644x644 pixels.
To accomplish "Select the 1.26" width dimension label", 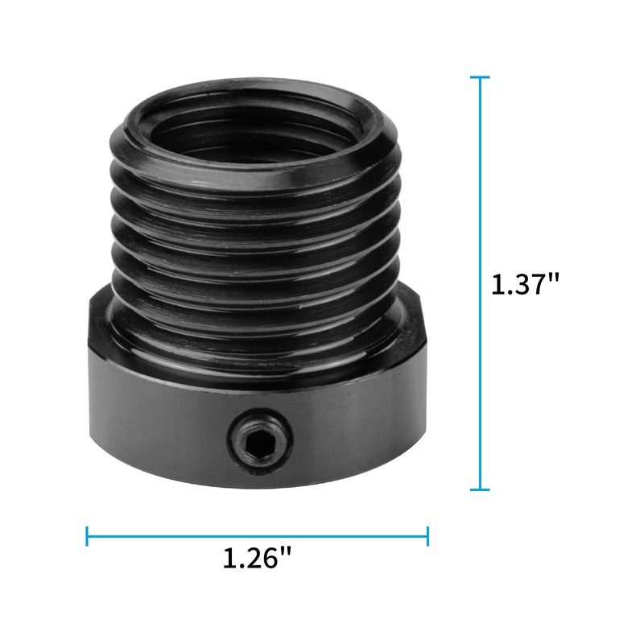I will pos(257,558).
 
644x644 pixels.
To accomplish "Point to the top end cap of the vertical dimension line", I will pos(480,77).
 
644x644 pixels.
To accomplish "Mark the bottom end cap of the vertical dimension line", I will pos(480,489).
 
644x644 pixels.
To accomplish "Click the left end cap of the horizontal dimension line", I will pos(87,535).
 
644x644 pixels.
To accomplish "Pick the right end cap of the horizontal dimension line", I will pos(427,535).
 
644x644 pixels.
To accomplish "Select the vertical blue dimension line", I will pos(480,201).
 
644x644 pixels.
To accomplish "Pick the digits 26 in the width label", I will pos(262,558).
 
